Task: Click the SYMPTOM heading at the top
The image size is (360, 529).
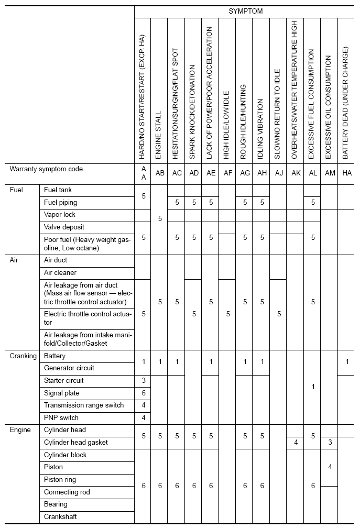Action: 245,11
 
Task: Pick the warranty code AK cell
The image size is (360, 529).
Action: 296,173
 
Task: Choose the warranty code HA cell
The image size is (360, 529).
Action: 346,173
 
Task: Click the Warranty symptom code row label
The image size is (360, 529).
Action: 46,169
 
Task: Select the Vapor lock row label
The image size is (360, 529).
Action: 60,215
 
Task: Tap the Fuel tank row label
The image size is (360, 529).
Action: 58,190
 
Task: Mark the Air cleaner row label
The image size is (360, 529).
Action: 60,273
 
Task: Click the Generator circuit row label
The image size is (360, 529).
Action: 69,368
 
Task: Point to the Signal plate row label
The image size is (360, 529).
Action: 61,393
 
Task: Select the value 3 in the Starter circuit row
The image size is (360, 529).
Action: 143,381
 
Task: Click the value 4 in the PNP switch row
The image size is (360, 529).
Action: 143,417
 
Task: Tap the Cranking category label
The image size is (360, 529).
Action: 23,356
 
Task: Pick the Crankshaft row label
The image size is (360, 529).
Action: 60,517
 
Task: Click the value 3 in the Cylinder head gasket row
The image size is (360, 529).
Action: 330,443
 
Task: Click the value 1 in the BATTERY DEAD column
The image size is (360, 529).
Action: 346,362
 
